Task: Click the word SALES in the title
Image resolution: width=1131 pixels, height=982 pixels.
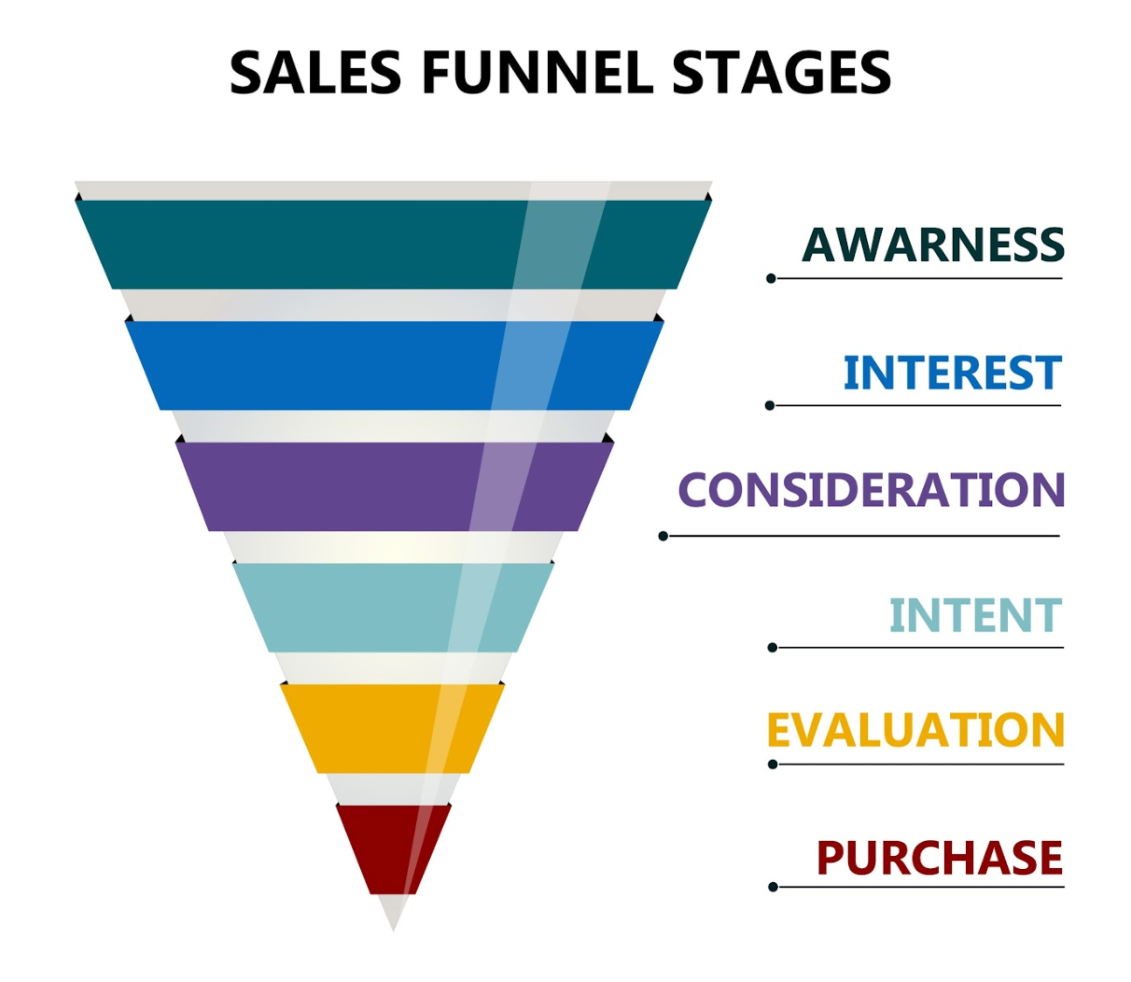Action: click(x=314, y=73)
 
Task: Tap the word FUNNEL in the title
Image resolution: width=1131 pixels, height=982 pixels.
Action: click(x=537, y=73)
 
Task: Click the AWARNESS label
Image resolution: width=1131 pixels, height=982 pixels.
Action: click(x=932, y=245)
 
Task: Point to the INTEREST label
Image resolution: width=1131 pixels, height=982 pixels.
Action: click(x=952, y=373)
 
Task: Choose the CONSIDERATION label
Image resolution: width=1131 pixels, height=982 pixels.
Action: click(x=871, y=490)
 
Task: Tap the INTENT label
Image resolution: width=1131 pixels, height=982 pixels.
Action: click(x=975, y=616)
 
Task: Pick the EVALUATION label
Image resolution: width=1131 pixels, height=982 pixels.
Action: click(x=915, y=731)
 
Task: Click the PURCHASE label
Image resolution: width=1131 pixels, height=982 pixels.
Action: click(x=940, y=858)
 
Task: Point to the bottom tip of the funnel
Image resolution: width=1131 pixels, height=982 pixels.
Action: click(x=393, y=926)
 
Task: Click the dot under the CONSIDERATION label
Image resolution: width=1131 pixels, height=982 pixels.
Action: click(x=663, y=536)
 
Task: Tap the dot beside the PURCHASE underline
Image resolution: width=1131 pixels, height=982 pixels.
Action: click(x=773, y=887)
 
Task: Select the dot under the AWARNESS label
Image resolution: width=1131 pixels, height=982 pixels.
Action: click(x=771, y=278)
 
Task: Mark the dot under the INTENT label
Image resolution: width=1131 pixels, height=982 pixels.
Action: click(x=772, y=647)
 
